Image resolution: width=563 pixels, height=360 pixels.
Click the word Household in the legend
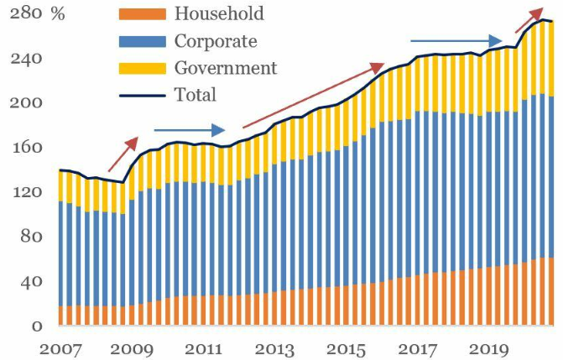pyautogui.click(x=218, y=13)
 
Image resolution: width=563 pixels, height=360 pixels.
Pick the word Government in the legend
pyautogui.click(x=225, y=68)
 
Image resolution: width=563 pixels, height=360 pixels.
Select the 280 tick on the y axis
pyautogui.click(x=26, y=15)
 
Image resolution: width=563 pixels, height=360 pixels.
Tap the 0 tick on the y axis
pyautogui.click(x=36, y=326)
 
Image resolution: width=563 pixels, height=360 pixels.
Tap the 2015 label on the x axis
pyautogui.click(x=343, y=347)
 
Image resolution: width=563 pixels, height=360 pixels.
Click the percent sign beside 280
pyautogui.click(x=58, y=15)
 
